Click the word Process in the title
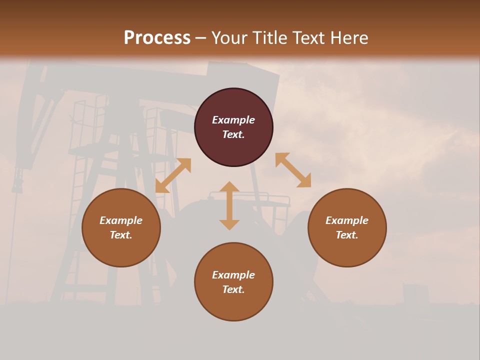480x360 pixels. click(157, 38)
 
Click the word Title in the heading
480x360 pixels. click(268, 38)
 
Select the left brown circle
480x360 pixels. click(121, 250)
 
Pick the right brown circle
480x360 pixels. click(347, 250)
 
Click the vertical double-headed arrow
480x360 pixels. click(229, 205)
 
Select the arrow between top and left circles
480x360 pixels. click(173, 175)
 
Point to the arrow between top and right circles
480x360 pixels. click(293, 170)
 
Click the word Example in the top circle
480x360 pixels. click(233, 120)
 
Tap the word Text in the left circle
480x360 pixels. click(121, 235)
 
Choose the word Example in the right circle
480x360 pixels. click(347, 220)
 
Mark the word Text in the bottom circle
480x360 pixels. click(233, 289)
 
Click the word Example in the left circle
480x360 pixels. click(121, 220)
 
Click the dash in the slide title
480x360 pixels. click(201, 38)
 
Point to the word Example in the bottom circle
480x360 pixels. click(233, 275)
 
